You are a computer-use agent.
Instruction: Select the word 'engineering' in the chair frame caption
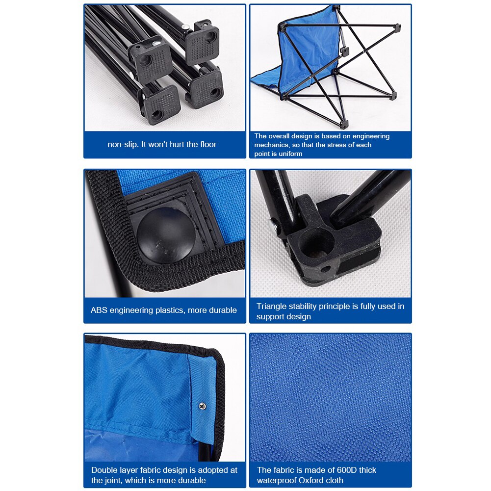(368, 136)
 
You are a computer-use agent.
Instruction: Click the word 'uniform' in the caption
(289, 154)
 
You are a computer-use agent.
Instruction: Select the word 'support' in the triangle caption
(270, 317)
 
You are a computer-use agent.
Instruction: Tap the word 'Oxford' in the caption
(311, 481)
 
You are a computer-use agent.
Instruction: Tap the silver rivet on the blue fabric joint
(202, 405)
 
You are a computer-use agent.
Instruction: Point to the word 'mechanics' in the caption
(272, 145)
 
